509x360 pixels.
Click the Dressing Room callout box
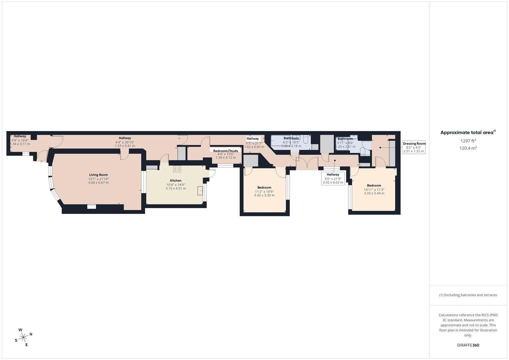[x=414, y=147]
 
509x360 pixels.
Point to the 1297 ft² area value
[x=468, y=141]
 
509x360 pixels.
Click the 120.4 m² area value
[x=468, y=148]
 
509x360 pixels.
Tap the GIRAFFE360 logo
[x=468, y=345]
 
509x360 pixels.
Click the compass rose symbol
[x=23, y=337]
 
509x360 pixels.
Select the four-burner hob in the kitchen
[x=177, y=169]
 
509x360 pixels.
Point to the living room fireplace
[x=92, y=206]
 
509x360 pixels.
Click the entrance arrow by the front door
[x=41, y=162]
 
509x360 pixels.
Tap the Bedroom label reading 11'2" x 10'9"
[x=264, y=191]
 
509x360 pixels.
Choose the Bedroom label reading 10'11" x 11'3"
[x=374, y=189]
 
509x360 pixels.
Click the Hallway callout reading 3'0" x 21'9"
[x=333, y=178]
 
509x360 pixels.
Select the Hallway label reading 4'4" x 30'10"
[x=125, y=142]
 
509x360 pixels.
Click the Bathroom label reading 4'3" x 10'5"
[x=291, y=142]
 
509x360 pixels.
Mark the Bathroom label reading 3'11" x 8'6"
[x=345, y=143]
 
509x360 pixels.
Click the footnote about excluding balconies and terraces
[x=468, y=295]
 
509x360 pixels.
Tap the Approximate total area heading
[x=468, y=132]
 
